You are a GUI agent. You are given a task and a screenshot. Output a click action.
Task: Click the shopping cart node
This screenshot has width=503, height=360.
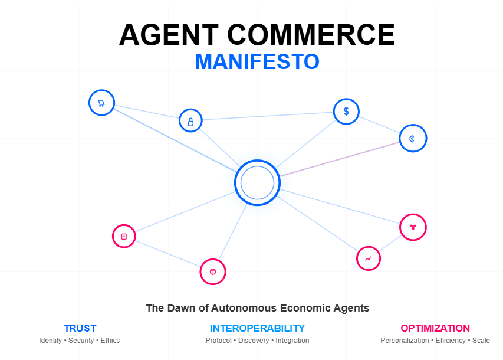point(101,103)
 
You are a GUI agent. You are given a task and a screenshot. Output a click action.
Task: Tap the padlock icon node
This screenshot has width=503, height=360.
point(190,121)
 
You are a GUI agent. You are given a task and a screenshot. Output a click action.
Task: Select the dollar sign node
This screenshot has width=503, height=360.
point(346,111)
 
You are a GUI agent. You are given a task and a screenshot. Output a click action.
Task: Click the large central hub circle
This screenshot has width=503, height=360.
point(257,182)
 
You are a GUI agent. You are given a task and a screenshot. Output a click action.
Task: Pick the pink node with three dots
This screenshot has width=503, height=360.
point(413,227)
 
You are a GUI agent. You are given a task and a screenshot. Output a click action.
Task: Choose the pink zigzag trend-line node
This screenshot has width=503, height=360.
point(369,258)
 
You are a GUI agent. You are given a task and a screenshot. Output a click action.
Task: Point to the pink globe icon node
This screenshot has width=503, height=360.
point(213,271)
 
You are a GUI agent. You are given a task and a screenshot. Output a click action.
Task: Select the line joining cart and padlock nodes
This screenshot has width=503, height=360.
point(146,112)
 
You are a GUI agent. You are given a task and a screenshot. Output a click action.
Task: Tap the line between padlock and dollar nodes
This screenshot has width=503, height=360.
point(268,116)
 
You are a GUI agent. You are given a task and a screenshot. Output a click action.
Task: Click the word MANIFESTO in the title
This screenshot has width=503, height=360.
point(257,61)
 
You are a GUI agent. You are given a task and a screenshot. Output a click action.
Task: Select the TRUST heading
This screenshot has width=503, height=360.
point(80,328)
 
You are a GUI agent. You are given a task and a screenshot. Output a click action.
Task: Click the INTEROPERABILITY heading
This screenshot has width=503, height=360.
point(257,328)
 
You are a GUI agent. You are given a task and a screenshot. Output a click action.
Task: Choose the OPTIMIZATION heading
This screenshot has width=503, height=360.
point(435,328)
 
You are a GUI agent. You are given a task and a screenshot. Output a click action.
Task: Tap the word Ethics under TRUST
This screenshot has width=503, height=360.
point(110,341)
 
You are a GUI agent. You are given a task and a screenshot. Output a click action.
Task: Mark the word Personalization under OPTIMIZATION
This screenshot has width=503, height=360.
point(405,341)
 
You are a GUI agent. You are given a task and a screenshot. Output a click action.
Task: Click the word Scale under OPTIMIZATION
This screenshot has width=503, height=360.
point(481,341)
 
